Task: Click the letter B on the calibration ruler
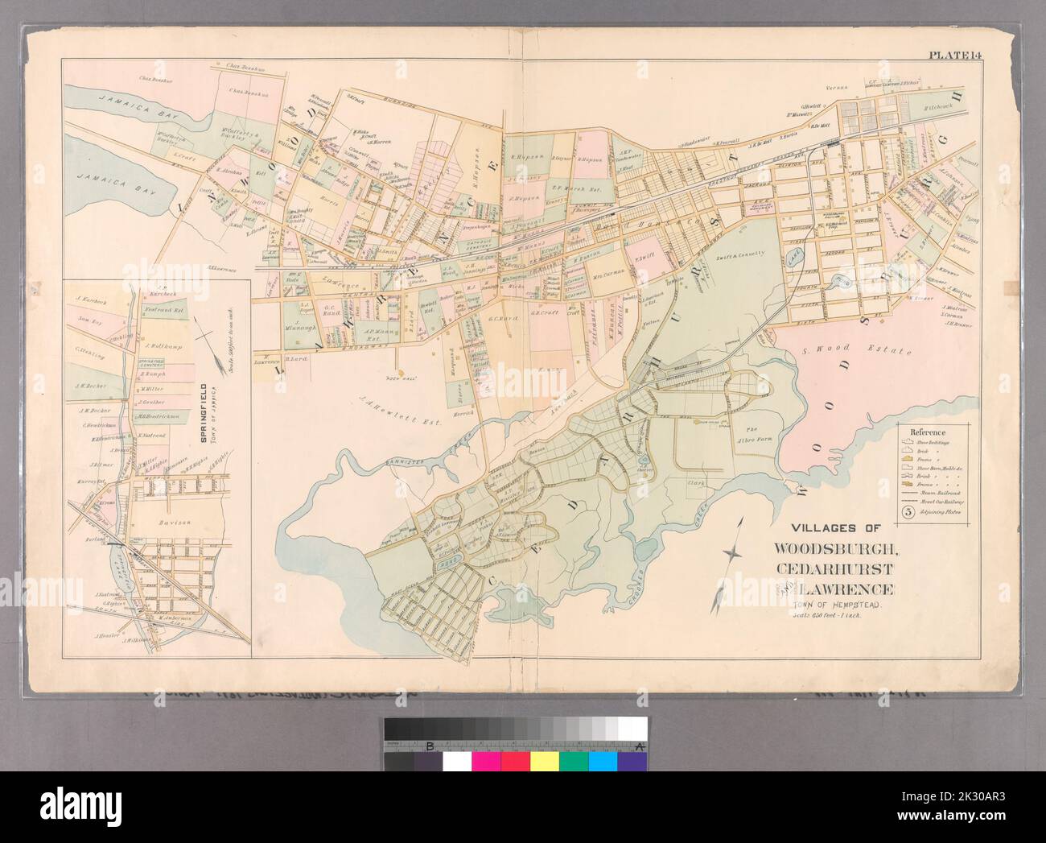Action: coord(430,747)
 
